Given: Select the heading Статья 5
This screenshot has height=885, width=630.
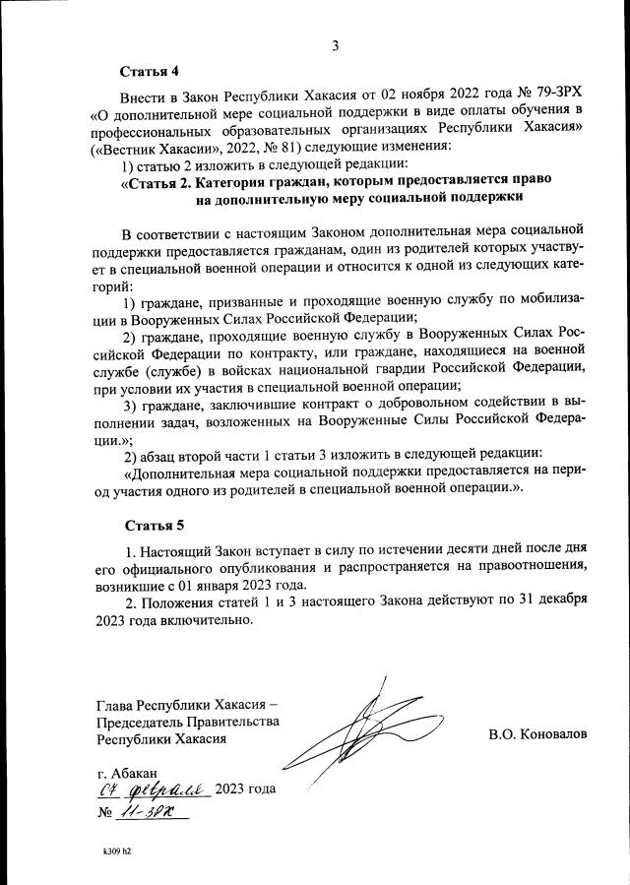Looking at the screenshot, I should (151, 524).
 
